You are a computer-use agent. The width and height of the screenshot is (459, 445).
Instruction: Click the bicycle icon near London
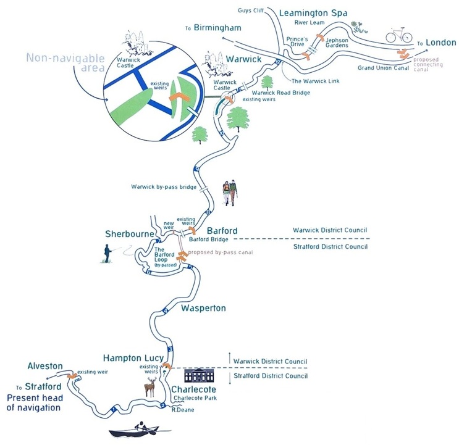(399, 36)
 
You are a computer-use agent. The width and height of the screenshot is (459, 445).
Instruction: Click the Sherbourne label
(125, 235)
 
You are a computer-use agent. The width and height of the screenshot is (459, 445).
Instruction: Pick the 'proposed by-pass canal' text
(221, 252)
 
